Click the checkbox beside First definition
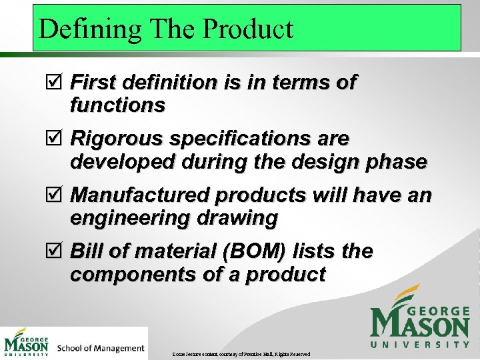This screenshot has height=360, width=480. [x=59, y=83]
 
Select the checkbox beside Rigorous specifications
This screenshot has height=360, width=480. [x=59, y=139]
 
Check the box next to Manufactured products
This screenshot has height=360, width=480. [x=59, y=196]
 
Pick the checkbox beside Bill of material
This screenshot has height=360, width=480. [x=59, y=253]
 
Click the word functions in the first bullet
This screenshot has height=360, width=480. [x=117, y=105]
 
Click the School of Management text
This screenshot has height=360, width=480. [x=101, y=347]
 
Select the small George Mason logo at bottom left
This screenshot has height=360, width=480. [x=27, y=343]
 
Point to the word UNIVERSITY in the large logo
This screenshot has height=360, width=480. [x=420, y=345]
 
